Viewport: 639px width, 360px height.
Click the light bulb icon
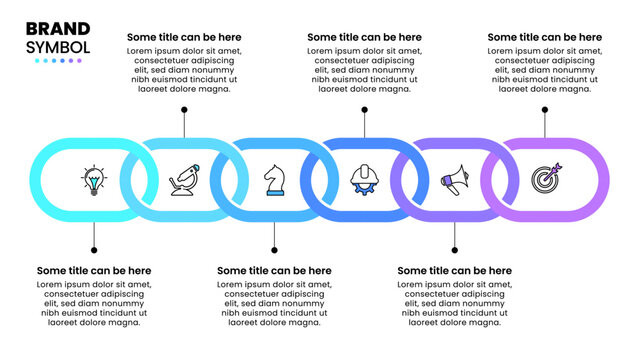click(x=94, y=180)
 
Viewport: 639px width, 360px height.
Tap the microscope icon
click(x=184, y=180)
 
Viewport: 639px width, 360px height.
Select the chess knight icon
click(x=274, y=180)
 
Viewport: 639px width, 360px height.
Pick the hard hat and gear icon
click(x=364, y=180)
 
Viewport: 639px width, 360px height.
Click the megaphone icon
click(x=455, y=180)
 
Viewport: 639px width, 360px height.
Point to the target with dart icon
click(x=546, y=179)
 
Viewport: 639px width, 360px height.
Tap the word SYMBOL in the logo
click(x=58, y=47)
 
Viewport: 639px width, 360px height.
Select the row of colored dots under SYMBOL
click(x=58, y=61)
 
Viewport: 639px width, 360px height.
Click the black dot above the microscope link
click(x=184, y=109)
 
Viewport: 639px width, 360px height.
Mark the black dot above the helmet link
click(x=364, y=109)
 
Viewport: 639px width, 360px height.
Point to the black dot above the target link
click(x=545, y=109)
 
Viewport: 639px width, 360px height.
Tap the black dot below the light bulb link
click(x=94, y=250)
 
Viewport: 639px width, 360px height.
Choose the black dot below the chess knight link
click(x=274, y=250)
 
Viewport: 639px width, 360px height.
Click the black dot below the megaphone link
click(x=455, y=250)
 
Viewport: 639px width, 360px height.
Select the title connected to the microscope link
click(x=184, y=37)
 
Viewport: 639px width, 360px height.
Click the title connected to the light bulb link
click(x=94, y=271)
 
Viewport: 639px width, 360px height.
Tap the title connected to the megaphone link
click(x=455, y=271)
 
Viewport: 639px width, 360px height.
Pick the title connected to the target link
click(x=545, y=37)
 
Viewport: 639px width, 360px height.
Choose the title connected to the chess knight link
click(x=274, y=271)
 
